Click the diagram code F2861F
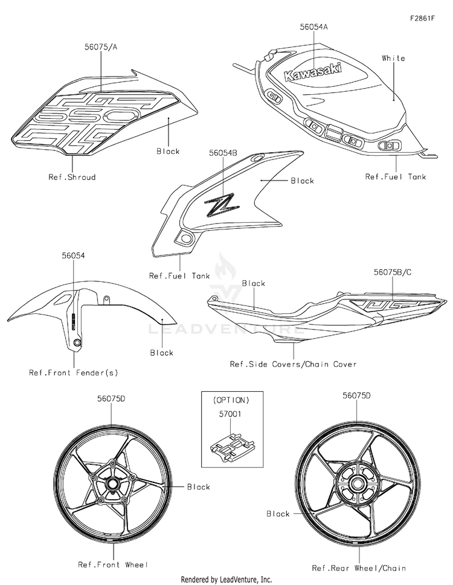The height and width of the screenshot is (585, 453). tap(422, 18)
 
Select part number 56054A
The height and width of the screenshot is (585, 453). tap(314, 27)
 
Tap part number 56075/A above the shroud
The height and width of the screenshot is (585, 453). tap(101, 47)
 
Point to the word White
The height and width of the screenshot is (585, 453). tap(393, 58)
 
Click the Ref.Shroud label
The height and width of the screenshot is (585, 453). tap(72, 177)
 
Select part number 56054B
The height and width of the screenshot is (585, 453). tap(223, 153)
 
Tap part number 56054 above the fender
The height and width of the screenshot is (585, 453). tap(73, 255)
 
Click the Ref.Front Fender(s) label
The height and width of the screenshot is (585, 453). tap(74, 372)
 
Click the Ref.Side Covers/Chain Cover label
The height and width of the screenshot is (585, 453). tap(294, 364)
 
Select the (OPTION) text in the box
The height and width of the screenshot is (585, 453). tap(231, 400)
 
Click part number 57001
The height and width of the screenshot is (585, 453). tap(230, 414)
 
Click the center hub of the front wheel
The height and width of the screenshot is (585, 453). tap(111, 483)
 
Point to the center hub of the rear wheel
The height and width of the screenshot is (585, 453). tap(356, 484)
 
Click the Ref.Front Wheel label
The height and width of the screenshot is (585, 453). tap(113, 564)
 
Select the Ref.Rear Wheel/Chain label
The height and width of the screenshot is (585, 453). tap(359, 568)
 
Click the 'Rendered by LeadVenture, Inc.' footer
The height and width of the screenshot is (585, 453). tap(226, 580)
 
